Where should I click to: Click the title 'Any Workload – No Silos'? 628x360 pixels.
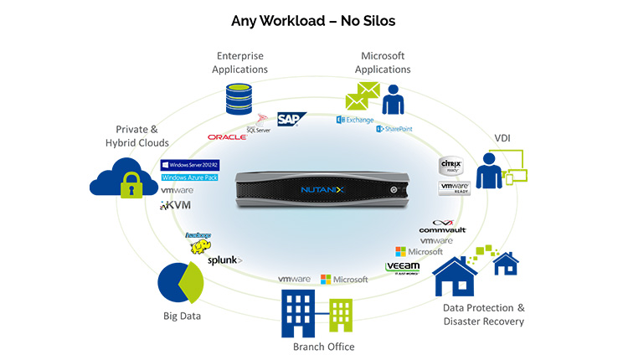[314, 18]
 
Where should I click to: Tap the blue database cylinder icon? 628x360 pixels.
[239, 99]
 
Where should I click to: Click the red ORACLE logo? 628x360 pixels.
[227, 136]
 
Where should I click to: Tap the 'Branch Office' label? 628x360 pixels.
[323, 347]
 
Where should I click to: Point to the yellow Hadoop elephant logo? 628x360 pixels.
[197, 241]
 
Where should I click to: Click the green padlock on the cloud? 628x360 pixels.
[130, 187]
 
